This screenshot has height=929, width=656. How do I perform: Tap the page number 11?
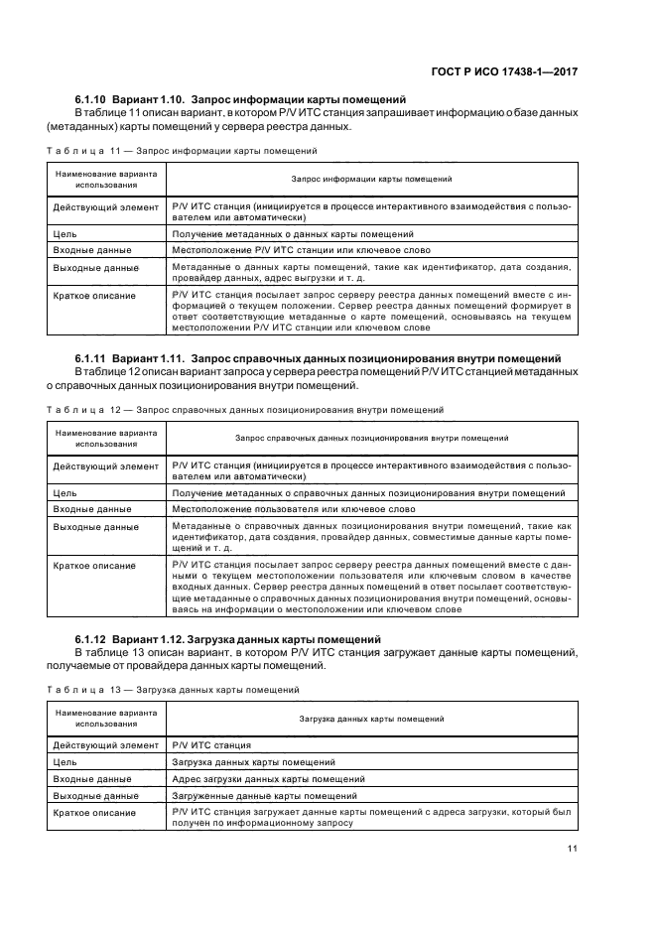pyautogui.click(x=573, y=848)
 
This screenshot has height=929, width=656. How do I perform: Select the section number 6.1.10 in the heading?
pyautogui.click(x=90, y=100)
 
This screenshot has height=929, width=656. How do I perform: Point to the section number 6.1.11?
pyautogui.click(x=90, y=357)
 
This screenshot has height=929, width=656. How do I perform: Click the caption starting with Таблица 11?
pyautogui.click(x=182, y=151)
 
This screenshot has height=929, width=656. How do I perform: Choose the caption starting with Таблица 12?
pyautogui.click(x=244, y=408)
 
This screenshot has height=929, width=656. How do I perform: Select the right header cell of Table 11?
pyautogui.click(x=372, y=179)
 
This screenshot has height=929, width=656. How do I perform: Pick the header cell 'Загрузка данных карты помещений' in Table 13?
pyautogui.click(x=372, y=718)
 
